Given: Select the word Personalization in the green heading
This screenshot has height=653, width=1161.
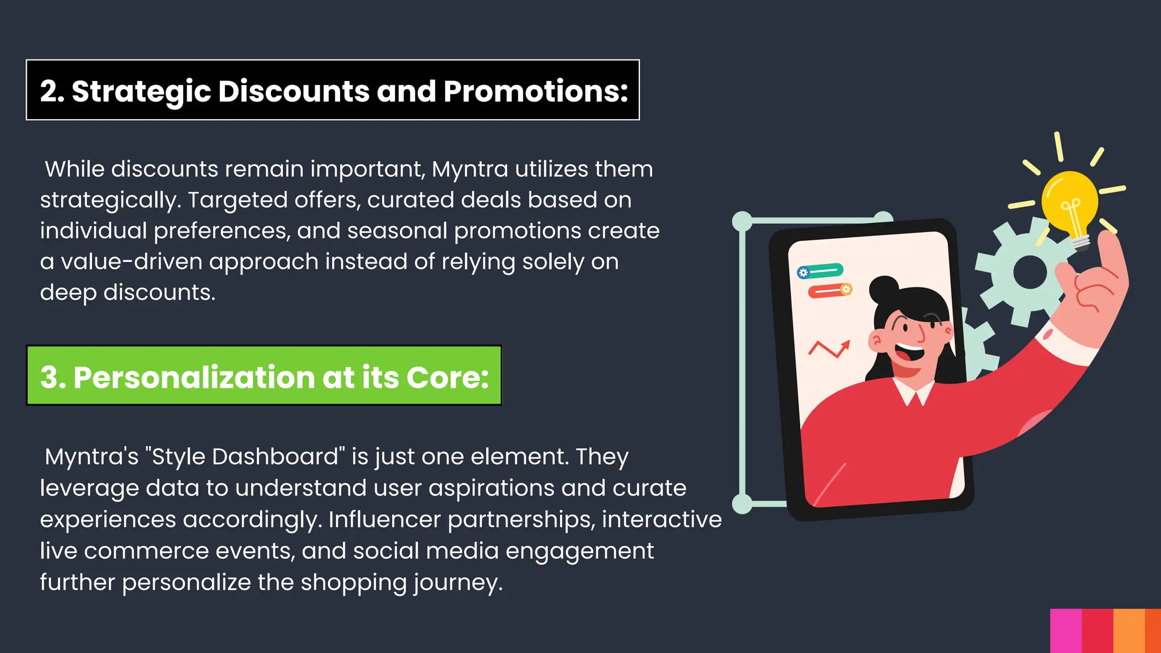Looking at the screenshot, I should (x=194, y=378).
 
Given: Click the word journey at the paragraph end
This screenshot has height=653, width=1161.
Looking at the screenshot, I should (x=457, y=583).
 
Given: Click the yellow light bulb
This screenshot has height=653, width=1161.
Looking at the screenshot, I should (x=1069, y=201).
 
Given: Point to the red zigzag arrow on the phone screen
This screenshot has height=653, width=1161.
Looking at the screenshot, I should (x=829, y=348).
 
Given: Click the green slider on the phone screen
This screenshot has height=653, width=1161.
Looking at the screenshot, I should (x=820, y=272).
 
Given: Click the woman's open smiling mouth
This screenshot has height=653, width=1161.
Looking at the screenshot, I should (x=909, y=354).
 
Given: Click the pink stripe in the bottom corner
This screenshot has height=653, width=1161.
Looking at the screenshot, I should (x=1066, y=630).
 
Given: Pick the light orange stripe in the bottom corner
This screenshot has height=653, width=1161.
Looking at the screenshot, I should (x=1129, y=630).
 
